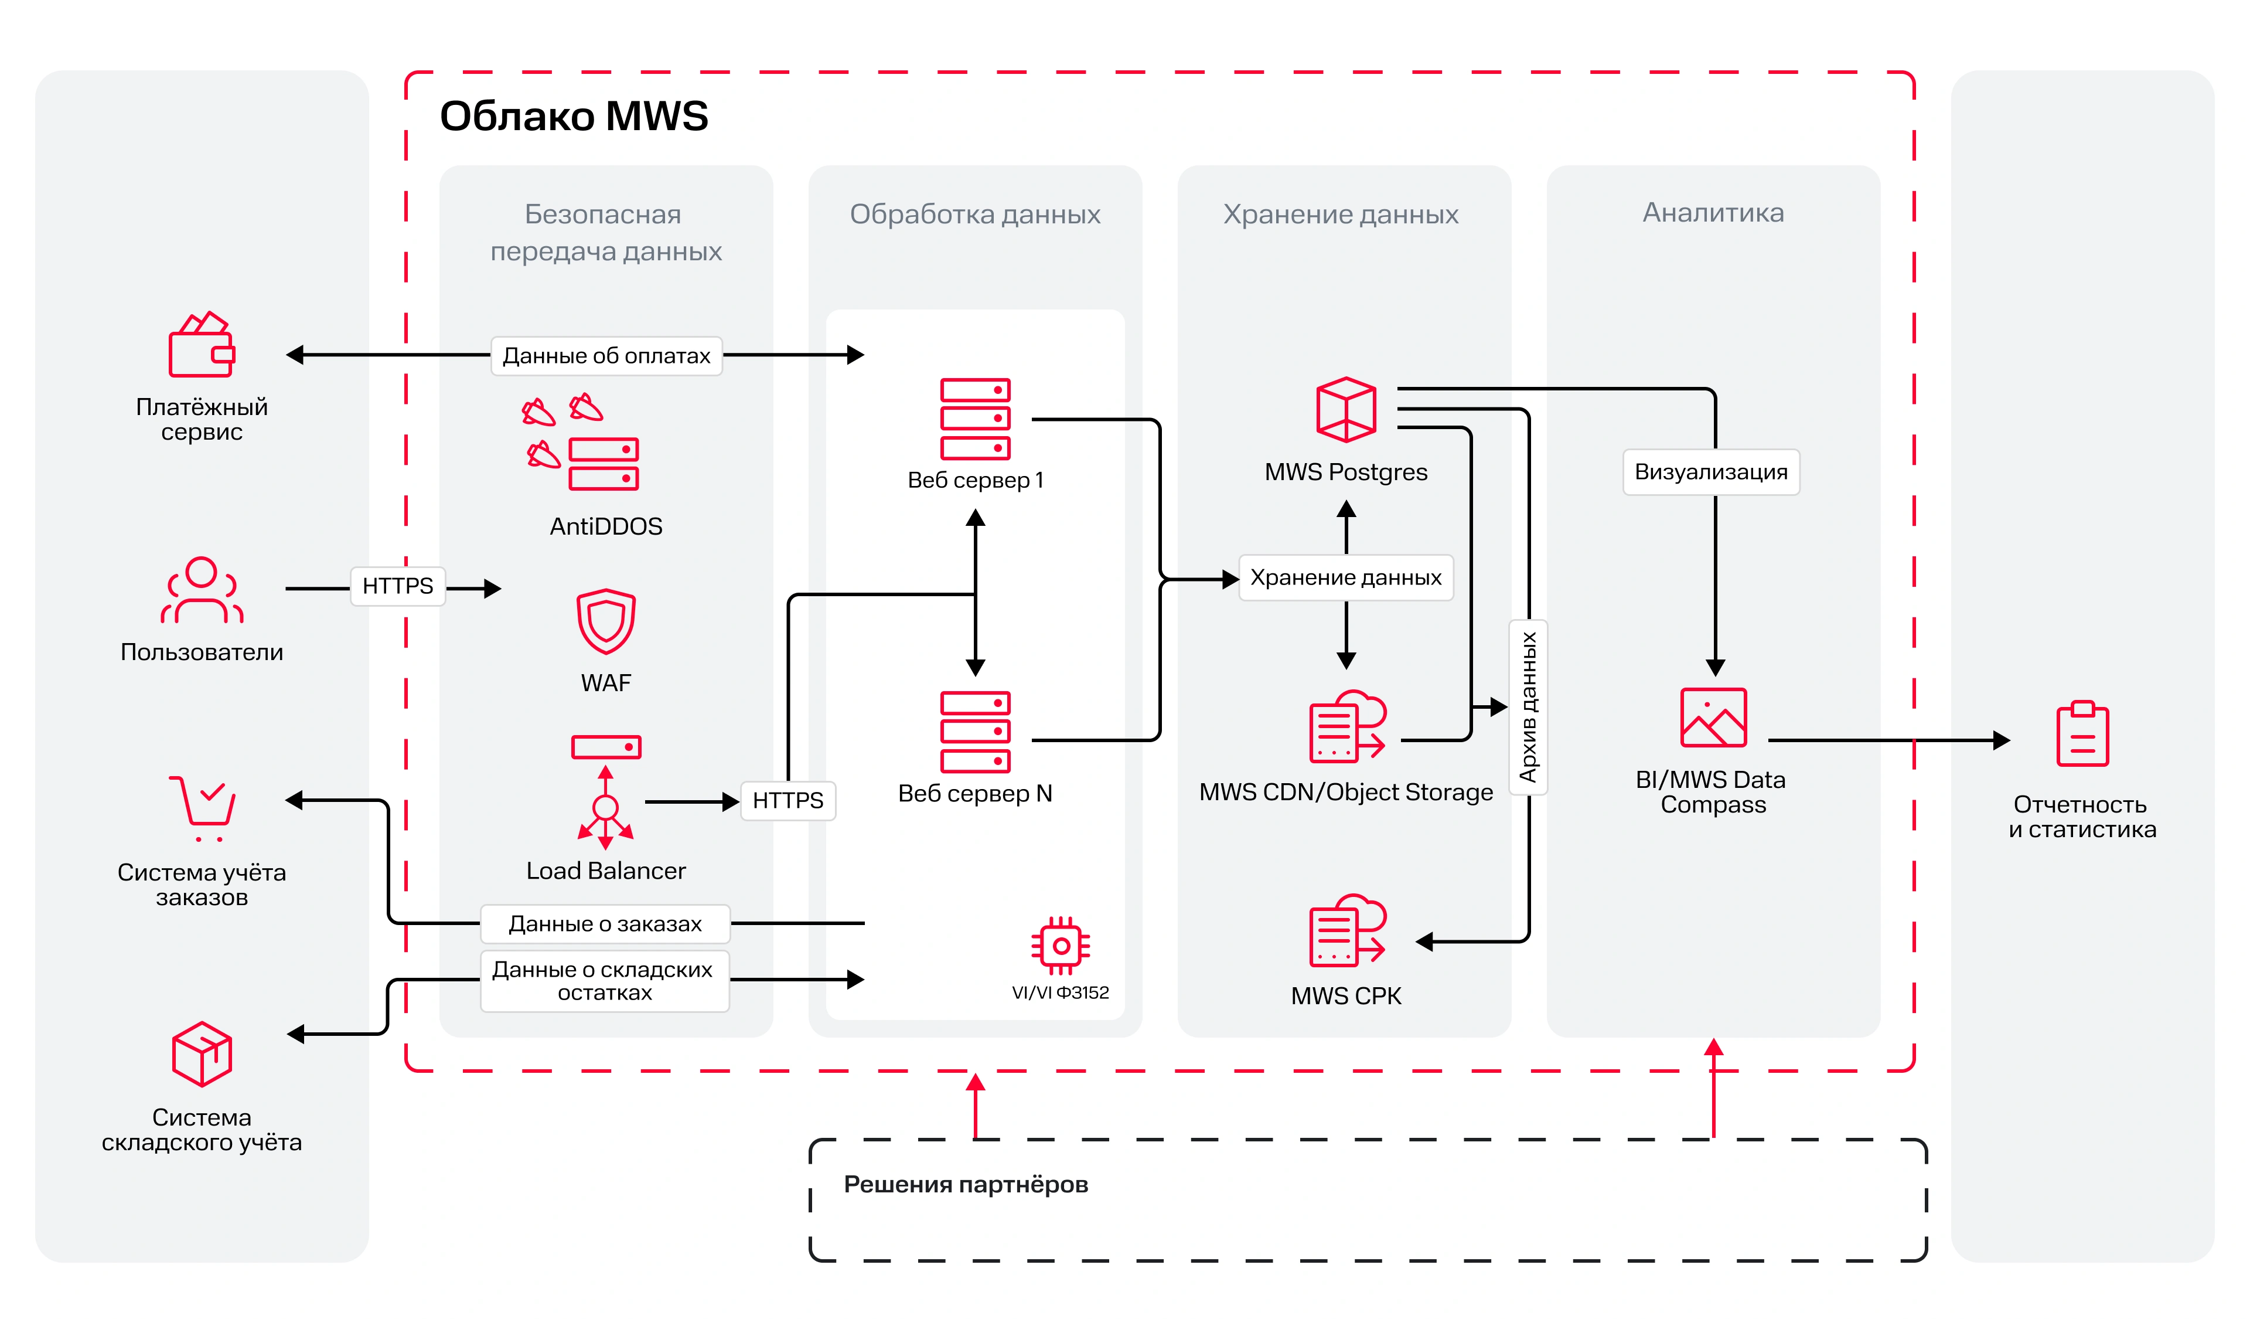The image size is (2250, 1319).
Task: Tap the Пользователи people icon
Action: tap(202, 590)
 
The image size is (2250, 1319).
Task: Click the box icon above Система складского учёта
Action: tap(202, 1054)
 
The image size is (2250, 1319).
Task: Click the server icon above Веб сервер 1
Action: tap(975, 418)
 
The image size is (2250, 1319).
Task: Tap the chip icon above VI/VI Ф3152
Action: tap(1061, 946)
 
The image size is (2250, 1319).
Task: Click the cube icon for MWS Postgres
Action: tap(1345, 410)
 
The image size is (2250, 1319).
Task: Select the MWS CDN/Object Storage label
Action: tap(1345, 792)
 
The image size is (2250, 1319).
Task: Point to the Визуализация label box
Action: tap(1711, 471)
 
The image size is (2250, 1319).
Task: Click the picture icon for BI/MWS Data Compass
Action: tap(1713, 717)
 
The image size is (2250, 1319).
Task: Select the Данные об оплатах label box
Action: tap(606, 355)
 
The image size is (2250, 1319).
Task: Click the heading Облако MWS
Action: tap(574, 116)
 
